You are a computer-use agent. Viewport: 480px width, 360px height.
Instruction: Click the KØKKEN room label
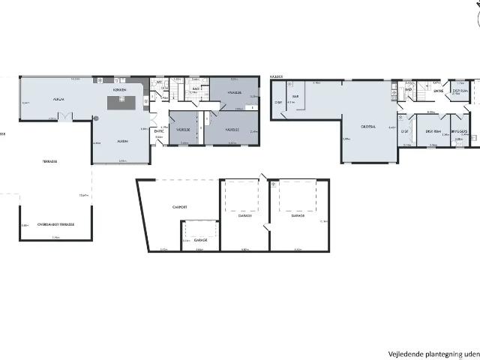point(119,89)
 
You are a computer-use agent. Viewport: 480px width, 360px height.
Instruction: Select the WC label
point(159,82)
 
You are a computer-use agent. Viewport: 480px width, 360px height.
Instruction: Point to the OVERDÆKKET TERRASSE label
point(56,223)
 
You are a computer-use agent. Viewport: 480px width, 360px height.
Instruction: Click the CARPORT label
point(179,207)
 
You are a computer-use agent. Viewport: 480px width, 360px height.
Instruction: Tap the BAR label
point(295,96)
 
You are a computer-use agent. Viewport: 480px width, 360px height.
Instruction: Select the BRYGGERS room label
point(460,131)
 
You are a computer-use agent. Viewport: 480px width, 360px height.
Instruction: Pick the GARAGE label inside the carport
point(200,240)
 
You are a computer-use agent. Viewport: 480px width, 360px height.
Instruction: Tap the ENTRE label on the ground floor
point(159,131)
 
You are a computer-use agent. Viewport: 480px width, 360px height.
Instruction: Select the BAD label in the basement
point(409,89)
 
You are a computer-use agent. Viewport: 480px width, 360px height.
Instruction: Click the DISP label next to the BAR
point(277,102)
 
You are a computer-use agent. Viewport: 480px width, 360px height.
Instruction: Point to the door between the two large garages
point(268,226)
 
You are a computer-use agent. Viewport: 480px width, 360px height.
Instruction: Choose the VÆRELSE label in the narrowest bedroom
point(183,129)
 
